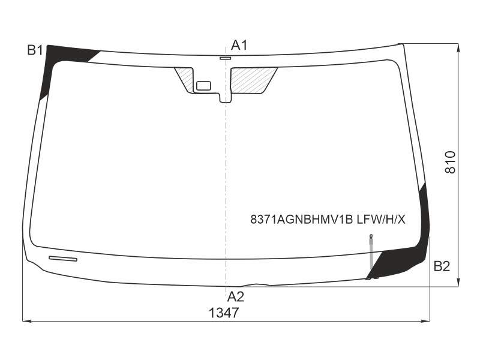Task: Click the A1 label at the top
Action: pyautogui.click(x=238, y=46)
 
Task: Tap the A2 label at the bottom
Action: pyautogui.click(x=235, y=296)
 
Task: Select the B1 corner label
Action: pyautogui.click(x=35, y=50)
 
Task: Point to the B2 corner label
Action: pyautogui.click(x=442, y=266)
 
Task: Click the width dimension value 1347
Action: pyautogui.click(x=223, y=313)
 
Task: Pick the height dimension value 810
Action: pyautogui.click(x=451, y=162)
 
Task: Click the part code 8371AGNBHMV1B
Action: pyautogui.click(x=302, y=220)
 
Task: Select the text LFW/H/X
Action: pyautogui.click(x=381, y=220)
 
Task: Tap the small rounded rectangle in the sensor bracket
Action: pyautogui.click(x=203, y=86)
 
